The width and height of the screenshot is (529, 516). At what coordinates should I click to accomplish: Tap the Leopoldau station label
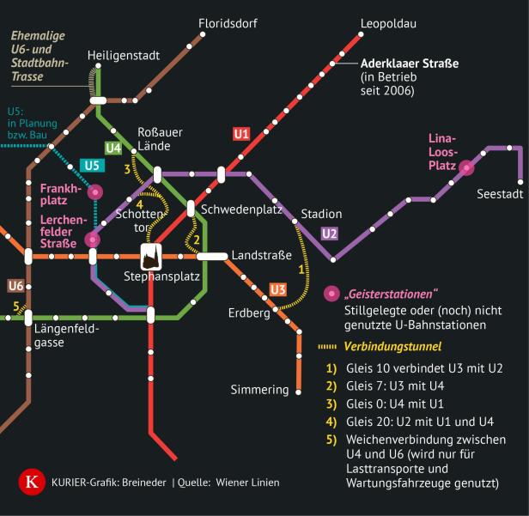[x=388, y=22]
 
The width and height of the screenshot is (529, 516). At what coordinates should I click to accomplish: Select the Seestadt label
[x=500, y=195]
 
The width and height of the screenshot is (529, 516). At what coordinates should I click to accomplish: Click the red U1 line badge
[x=241, y=134]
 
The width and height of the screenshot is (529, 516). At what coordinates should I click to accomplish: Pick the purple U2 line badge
[x=330, y=233]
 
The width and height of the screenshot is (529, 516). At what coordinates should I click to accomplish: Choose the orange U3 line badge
[x=277, y=288]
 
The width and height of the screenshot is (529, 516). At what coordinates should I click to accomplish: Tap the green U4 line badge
[x=113, y=148]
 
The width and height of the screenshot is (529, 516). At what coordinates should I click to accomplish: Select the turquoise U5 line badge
[x=90, y=165]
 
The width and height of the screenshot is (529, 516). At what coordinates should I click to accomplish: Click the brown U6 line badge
[x=15, y=285]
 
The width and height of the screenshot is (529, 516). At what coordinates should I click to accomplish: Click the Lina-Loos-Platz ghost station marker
[x=466, y=169]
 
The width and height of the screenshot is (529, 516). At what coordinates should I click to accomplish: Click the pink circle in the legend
[x=330, y=294]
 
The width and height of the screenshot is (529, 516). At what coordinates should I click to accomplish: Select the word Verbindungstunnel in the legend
[x=392, y=347]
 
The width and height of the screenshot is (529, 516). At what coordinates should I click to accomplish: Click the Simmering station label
[x=259, y=390]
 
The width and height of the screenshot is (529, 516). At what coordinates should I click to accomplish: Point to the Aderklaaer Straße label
[x=410, y=64]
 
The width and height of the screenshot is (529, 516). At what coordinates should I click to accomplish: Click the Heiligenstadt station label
[x=124, y=57]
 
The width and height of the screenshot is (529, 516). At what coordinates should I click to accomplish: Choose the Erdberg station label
[x=249, y=313]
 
